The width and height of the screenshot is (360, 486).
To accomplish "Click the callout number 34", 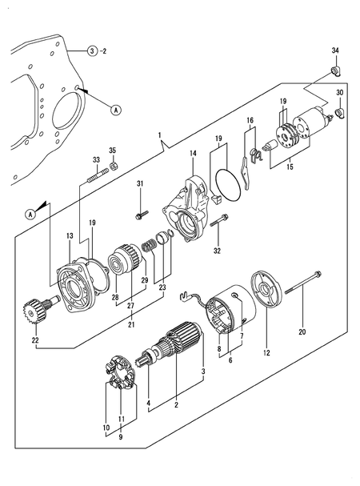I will pyautogui.click(x=335, y=51).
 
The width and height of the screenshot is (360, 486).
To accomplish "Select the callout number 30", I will pyautogui.click(x=339, y=93).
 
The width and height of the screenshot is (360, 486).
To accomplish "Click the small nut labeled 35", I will pyautogui.click(x=113, y=166).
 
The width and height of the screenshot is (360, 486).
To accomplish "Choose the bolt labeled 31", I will pyautogui.click(x=142, y=214).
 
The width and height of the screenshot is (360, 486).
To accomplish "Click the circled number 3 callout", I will pyautogui.click(x=94, y=51).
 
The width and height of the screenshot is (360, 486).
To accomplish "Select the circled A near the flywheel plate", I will pyautogui.click(x=116, y=110).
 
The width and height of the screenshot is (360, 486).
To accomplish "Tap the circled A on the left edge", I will pyautogui.click(x=31, y=214).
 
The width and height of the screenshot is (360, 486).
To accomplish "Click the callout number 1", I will pyautogui.click(x=159, y=134).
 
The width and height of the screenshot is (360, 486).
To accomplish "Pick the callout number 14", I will pyautogui.click(x=192, y=153).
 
